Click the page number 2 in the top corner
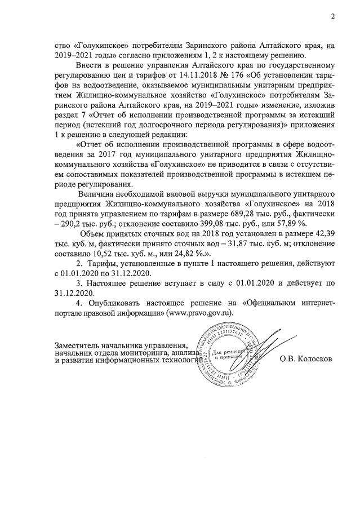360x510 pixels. click(x=333, y=16)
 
